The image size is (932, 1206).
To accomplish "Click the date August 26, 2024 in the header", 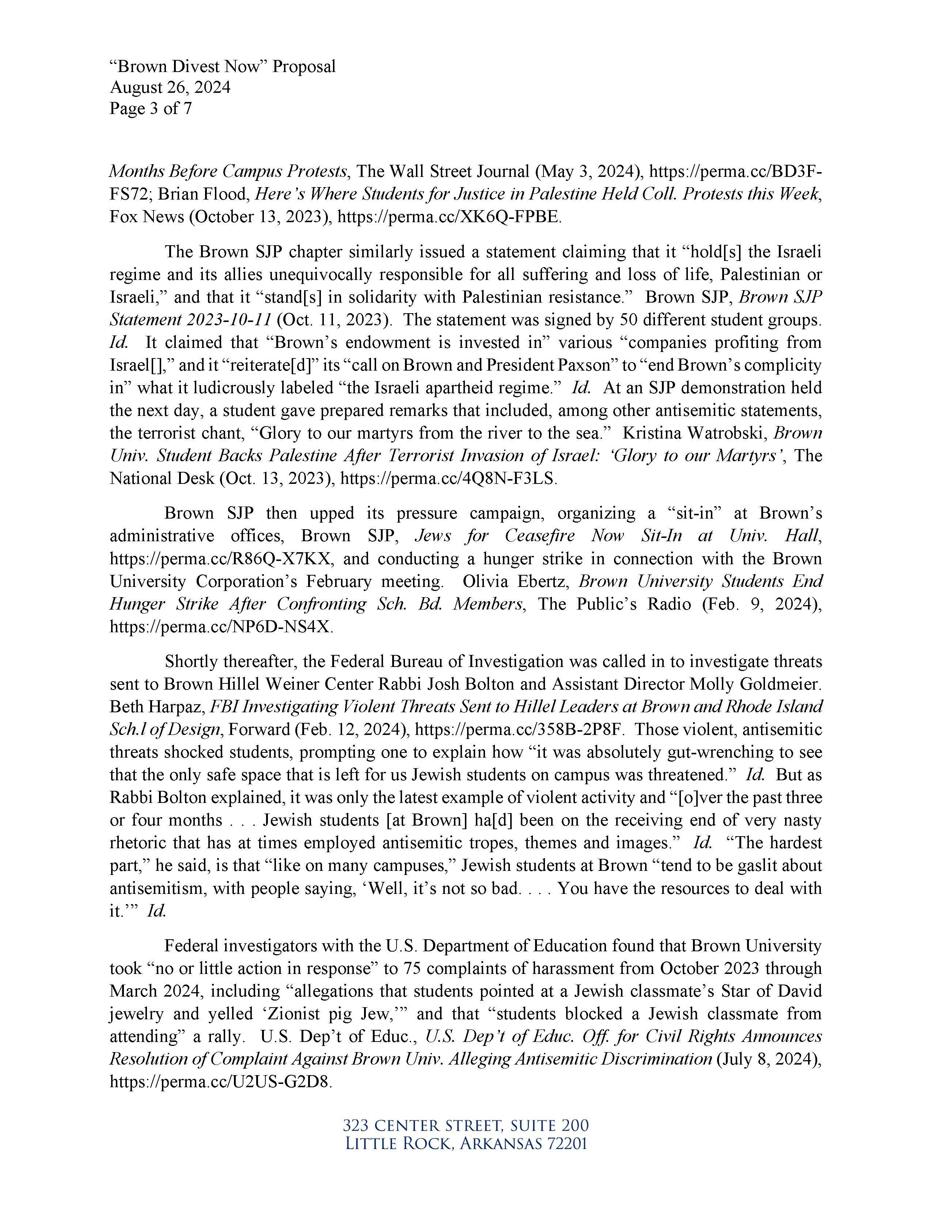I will [170, 87].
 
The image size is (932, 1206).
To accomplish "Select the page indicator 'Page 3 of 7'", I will [150, 108].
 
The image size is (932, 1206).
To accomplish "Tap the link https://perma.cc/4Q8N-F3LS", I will [448, 478].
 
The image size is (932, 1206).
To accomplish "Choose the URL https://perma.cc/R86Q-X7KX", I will [221, 559].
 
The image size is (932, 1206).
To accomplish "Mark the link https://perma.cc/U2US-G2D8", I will [221, 1082].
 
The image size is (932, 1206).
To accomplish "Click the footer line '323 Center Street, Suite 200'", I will [465, 1125].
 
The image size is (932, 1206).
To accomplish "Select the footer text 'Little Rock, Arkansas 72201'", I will [465, 1144].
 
